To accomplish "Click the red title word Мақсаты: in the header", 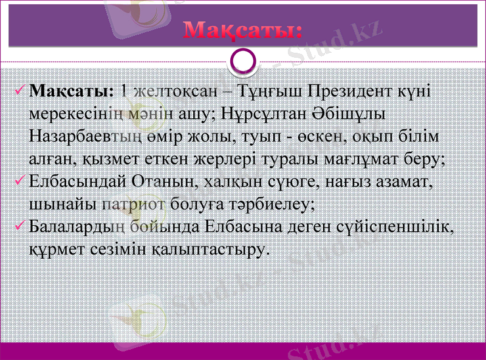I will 243,29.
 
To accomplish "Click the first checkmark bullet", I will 19,91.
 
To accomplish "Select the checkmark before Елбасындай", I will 19,181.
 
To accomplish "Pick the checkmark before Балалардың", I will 19,226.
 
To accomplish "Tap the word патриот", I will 136,203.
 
